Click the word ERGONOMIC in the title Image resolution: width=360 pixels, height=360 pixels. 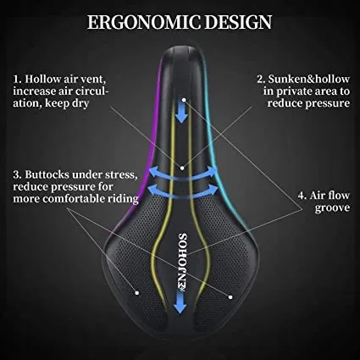pyautogui.click(x=144, y=22)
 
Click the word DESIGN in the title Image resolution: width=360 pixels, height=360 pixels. pyautogui.click(x=238, y=22)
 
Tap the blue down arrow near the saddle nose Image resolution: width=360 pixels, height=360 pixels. pyautogui.click(x=181, y=113)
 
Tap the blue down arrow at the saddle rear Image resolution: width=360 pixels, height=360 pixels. pyautogui.click(x=180, y=302)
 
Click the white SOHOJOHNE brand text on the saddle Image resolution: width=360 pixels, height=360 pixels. pyautogui.click(x=182, y=262)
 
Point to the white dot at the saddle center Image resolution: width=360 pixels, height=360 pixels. pyautogui.click(x=182, y=168)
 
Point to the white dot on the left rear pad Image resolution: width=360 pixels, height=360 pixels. pyautogui.click(x=137, y=293)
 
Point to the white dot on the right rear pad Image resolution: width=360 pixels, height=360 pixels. pyautogui.click(x=230, y=297)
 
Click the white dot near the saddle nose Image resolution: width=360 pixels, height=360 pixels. pyautogui.click(x=184, y=100)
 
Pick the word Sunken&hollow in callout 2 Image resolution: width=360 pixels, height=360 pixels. pyautogui.click(x=309, y=79)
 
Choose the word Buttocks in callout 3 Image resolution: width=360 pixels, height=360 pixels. pyautogui.click(x=47, y=174)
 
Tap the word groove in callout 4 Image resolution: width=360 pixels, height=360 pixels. pyautogui.click(x=332, y=208)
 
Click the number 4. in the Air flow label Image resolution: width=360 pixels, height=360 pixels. pyautogui.click(x=302, y=196)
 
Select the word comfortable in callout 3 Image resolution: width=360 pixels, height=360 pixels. pyautogui.click(x=75, y=199)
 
